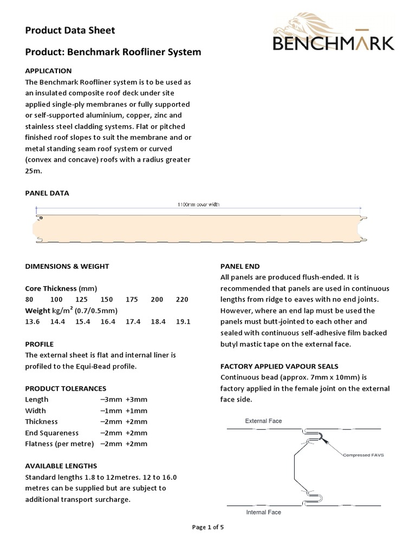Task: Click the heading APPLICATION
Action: coord(48,70)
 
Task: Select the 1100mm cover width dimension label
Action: coord(198,205)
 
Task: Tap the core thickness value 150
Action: coord(107,299)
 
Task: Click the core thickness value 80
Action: coord(30,299)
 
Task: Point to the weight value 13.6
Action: coord(32,321)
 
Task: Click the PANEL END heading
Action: coord(239,266)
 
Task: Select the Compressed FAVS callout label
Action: coord(363,455)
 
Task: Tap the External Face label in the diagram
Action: coord(263,421)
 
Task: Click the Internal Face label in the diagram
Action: coord(263,512)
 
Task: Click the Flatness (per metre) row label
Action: coord(60,444)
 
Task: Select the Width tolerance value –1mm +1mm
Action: coord(123,410)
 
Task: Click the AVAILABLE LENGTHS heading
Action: coord(61,466)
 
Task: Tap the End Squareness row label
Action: coord(52,433)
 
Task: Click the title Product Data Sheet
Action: coord(70,30)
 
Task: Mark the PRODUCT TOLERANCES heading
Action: coord(66,388)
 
